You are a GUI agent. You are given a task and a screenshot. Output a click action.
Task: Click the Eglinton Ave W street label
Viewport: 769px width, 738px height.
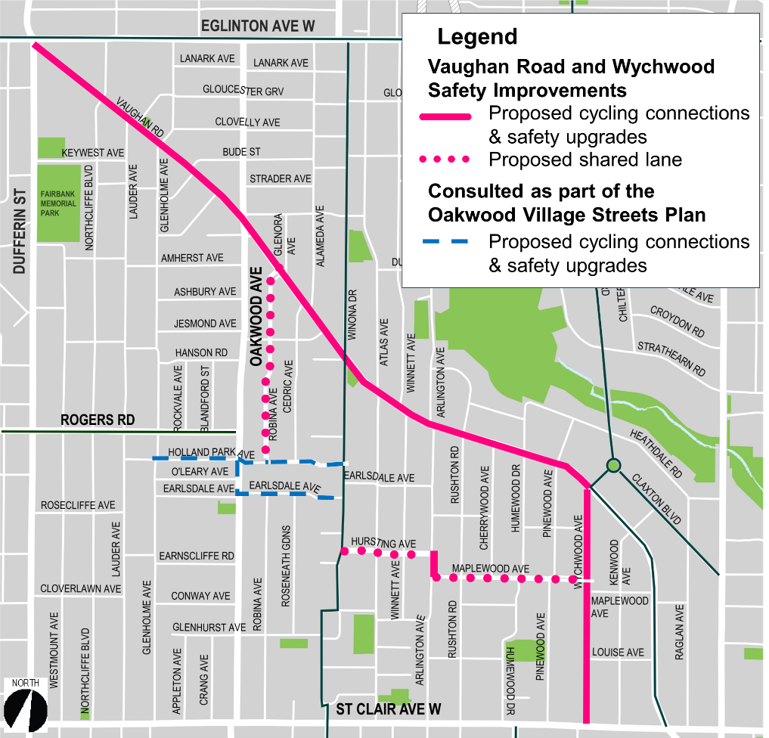pos(257,26)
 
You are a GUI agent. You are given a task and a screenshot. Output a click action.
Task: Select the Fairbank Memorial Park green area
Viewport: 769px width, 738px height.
pos(59,203)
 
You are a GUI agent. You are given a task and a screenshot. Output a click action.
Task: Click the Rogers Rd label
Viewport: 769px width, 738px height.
pos(97,420)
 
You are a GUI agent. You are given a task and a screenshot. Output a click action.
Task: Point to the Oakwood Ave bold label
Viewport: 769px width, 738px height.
pos(256,317)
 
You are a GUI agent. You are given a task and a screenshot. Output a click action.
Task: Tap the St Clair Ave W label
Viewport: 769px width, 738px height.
pos(388,709)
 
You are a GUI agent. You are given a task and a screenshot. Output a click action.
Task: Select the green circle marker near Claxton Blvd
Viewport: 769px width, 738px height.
pos(613,465)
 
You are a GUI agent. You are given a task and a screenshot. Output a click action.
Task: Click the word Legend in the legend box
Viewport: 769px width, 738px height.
pos(477,36)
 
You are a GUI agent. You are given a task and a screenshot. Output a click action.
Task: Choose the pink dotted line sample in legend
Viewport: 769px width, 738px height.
pos(445,160)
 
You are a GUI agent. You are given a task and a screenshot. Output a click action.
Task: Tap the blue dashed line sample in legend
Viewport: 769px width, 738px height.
pos(445,242)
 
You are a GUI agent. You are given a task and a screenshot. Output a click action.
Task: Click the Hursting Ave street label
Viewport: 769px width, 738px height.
pos(383,544)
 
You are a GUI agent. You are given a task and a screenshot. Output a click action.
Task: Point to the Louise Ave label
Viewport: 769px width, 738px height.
pos(618,652)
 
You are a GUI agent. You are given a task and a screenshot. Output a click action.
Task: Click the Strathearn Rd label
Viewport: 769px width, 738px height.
pos(671,358)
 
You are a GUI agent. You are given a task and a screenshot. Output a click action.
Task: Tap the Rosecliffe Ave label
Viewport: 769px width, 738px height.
pos(78,504)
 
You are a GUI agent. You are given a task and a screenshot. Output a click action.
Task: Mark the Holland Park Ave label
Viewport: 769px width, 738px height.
pos(211,453)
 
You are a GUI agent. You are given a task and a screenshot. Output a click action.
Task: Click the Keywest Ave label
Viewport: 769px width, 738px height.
pos(92,153)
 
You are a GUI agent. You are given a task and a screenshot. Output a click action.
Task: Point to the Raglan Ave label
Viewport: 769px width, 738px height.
pos(679,631)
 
